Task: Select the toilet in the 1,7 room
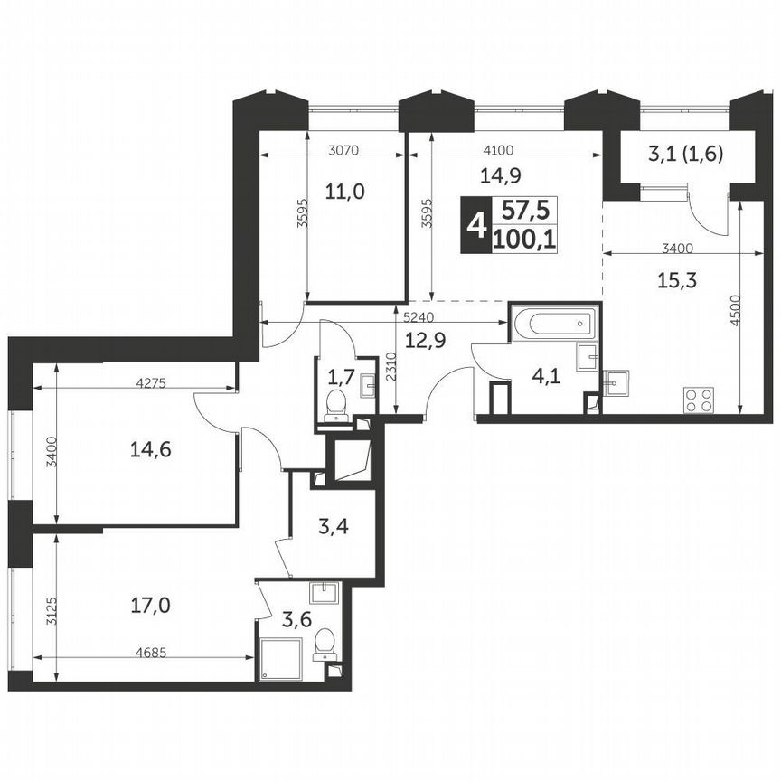338,404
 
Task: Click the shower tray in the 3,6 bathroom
279,658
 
